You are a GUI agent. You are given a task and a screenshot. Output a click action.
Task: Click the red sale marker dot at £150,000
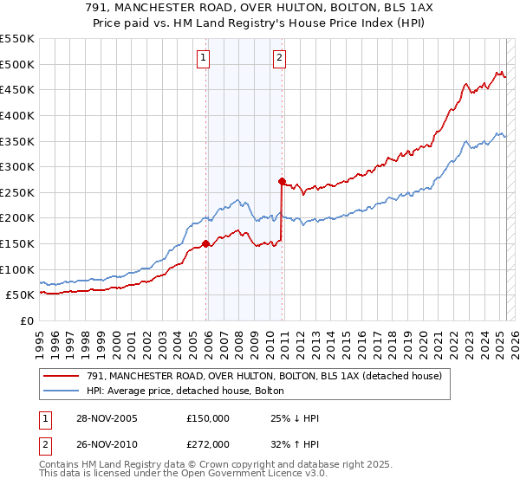(x=206, y=243)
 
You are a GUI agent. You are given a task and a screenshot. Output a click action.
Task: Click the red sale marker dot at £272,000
(x=282, y=181)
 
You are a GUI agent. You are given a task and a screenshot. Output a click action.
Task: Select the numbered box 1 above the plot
(x=203, y=58)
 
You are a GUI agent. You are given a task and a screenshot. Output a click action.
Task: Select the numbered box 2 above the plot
(x=280, y=58)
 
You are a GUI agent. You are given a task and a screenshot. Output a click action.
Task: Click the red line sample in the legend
(x=62, y=376)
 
